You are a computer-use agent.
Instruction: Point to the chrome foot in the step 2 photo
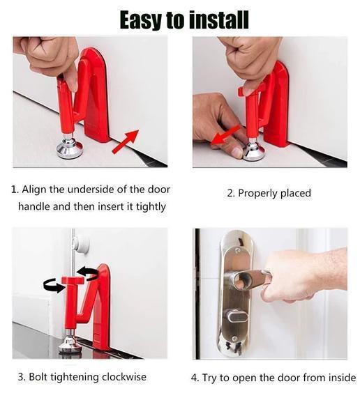253,150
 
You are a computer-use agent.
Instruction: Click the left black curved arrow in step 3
53,285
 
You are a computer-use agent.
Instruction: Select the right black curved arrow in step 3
87,271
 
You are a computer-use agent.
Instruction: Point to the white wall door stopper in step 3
81,243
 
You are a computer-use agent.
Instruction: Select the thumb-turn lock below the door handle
235,318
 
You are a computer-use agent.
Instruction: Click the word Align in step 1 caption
36,190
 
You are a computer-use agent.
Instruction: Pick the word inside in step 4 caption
340,378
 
